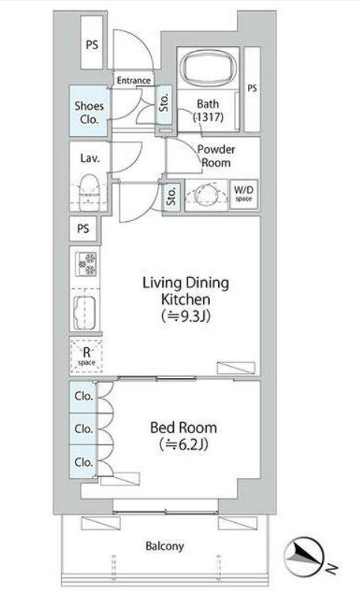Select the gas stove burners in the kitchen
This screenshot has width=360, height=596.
87,264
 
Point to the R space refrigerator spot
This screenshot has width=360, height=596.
87,356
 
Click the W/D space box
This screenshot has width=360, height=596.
243,194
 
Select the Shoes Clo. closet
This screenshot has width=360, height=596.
89,111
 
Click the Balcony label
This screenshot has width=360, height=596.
164,547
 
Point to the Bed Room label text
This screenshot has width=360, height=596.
184,428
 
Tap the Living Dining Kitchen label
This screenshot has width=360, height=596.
185,291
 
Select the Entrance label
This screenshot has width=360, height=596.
134,81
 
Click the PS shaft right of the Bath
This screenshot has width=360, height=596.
252,90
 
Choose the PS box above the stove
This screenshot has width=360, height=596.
83,229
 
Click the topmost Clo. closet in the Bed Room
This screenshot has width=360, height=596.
83,397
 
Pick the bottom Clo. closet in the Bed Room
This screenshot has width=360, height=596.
83,462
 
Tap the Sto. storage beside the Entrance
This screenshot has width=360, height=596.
164,104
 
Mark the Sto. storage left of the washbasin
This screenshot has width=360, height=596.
172,196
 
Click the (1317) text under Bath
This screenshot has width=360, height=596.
208,117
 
